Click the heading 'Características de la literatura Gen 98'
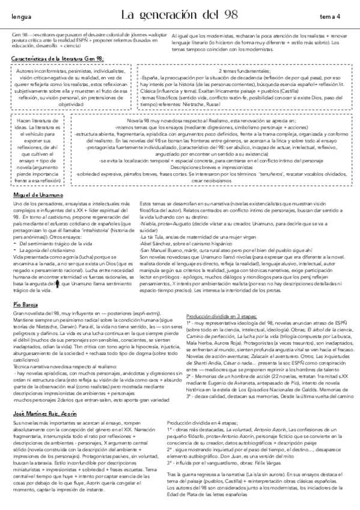pos(59,58)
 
